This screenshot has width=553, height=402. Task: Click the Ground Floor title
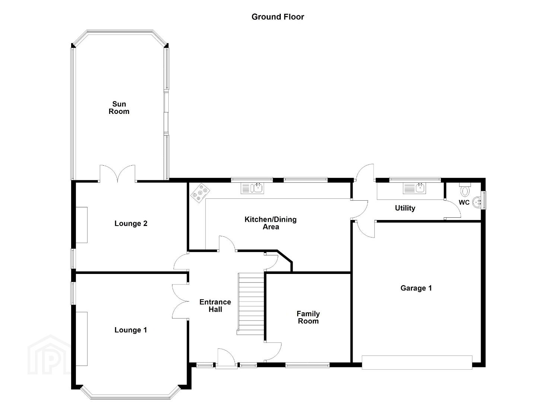[x=278, y=17]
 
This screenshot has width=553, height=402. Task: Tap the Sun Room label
[x=119, y=108]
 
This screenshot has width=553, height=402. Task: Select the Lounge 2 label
[x=131, y=224]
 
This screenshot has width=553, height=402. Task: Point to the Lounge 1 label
[x=131, y=330]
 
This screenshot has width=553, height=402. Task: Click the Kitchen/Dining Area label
[x=271, y=223]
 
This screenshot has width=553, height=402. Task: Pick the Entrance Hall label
[x=215, y=306]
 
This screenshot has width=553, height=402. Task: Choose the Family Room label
[x=308, y=318]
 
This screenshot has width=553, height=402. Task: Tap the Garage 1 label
[x=416, y=288]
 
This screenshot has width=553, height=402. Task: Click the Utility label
[x=405, y=208]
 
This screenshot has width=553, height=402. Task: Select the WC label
[x=464, y=202]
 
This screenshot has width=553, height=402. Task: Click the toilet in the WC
[x=465, y=189]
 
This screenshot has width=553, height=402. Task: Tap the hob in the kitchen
[x=200, y=193]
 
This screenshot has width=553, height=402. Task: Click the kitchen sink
[x=252, y=188]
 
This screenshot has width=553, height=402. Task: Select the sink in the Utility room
[x=415, y=188]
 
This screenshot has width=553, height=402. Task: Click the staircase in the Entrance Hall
[x=250, y=304]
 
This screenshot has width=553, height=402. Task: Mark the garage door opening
[x=417, y=362]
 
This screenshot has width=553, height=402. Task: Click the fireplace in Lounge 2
[x=82, y=225]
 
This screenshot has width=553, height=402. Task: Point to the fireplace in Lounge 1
[x=82, y=339]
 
